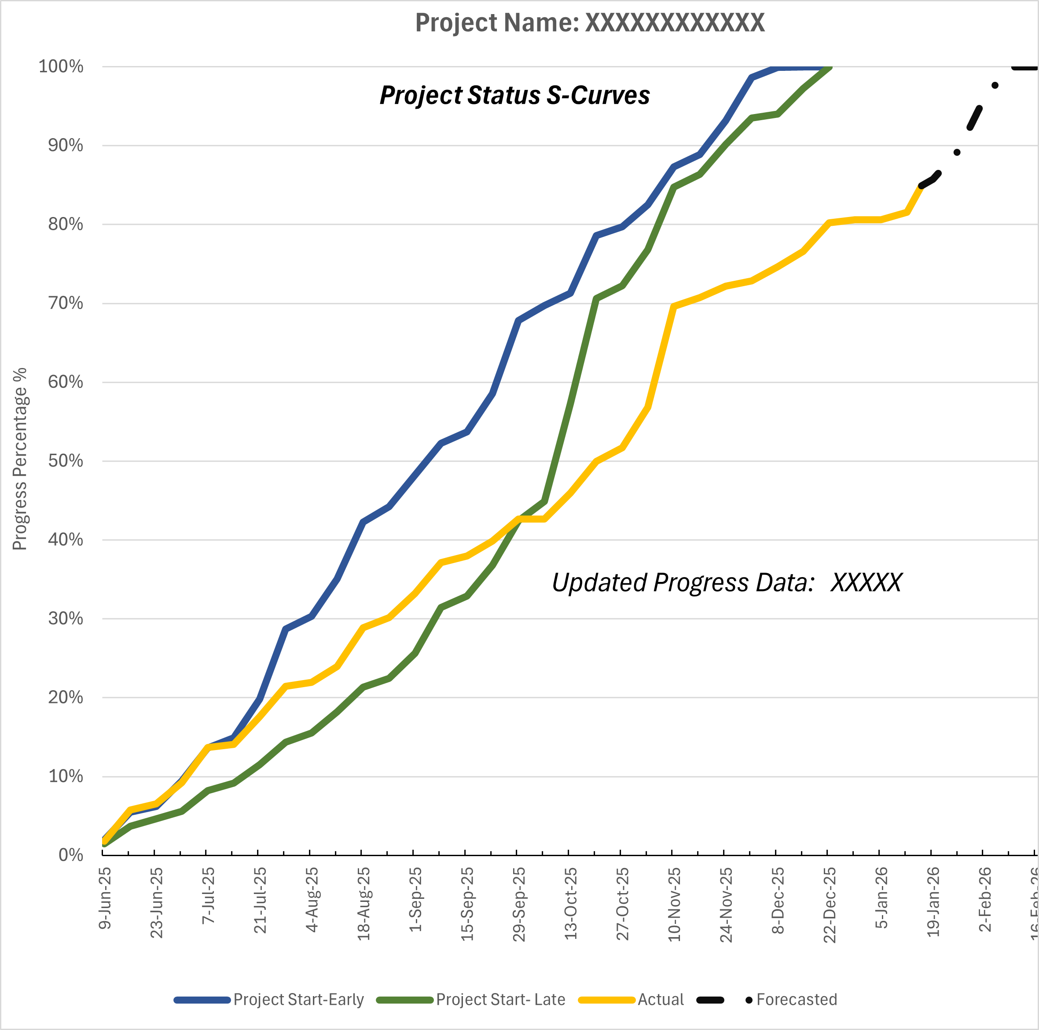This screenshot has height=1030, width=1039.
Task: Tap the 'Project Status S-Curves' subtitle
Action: click(515, 95)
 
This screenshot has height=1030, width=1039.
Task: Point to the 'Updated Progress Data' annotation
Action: click(727, 582)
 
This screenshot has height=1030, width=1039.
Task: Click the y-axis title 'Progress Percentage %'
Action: click(20, 459)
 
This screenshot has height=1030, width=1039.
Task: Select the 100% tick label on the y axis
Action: click(61, 67)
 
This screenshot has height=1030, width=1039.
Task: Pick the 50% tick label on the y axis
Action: click(65, 461)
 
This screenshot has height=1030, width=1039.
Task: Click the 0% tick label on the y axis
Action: click(70, 855)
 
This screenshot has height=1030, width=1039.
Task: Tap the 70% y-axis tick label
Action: click(65, 303)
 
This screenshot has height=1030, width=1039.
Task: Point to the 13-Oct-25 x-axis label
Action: click(571, 903)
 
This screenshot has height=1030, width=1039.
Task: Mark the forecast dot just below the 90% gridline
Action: click(957, 152)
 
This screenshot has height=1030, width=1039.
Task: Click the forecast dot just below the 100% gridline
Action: click(995, 85)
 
